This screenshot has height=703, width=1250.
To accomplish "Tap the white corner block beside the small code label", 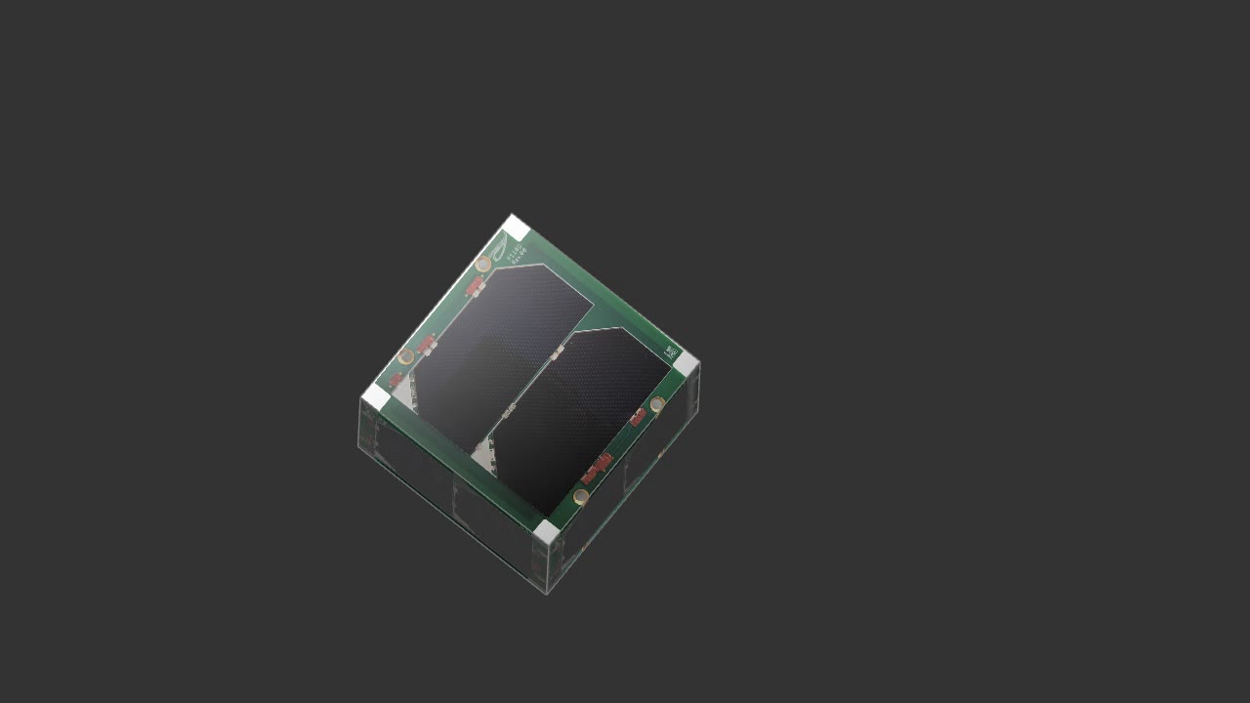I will [687, 365].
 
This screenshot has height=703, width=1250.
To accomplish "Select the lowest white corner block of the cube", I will [546, 532].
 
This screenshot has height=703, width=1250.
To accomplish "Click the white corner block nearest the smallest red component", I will [376, 396].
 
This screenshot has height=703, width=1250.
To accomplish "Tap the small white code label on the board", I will [671, 351].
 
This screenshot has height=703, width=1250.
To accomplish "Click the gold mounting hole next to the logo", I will [483, 264].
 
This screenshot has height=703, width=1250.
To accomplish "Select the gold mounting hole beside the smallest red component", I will [406, 356].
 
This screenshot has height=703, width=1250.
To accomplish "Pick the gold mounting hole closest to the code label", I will [658, 404].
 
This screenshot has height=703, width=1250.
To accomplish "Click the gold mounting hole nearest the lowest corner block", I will [581, 497].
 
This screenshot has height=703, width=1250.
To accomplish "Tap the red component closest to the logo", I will [476, 286].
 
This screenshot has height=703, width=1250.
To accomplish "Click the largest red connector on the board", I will [597, 469].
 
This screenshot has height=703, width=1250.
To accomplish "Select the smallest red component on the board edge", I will [396, 379].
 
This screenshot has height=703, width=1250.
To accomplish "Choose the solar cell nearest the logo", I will [498, 342].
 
